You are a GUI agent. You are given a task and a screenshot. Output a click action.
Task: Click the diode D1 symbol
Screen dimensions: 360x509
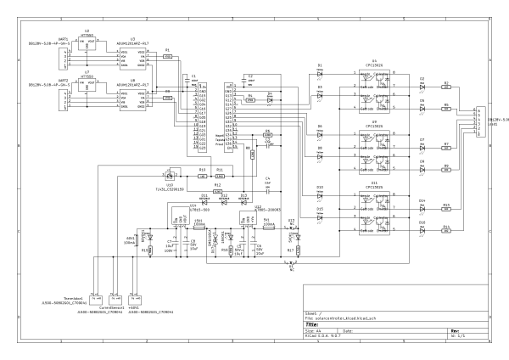[320, 73]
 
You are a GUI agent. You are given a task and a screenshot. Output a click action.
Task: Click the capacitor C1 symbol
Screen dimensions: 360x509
[194, 79]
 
